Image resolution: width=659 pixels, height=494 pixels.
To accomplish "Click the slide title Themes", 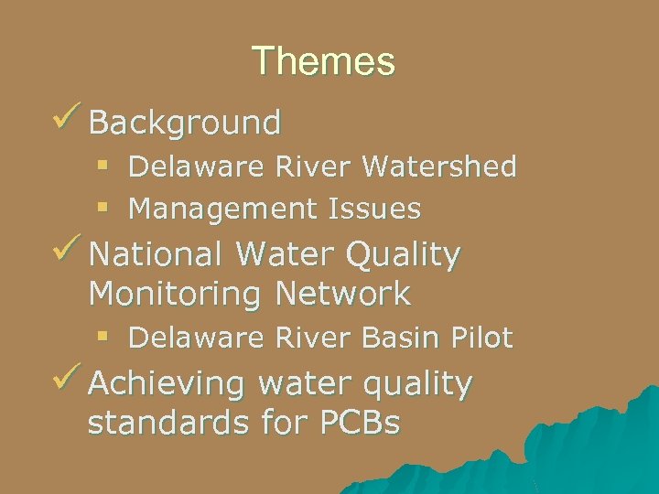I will tap(323, 61).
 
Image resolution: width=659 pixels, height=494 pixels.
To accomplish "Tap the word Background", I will tap(185, 122).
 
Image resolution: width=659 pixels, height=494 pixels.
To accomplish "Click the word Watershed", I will tap(439, 166).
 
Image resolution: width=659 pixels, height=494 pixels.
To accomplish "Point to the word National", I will tap(157, 255).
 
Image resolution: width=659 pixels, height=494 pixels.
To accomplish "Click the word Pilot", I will tap(480, 338).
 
